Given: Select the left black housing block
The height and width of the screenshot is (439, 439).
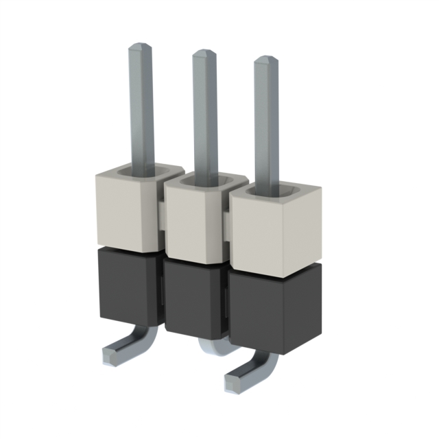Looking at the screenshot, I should (x=127, y=285).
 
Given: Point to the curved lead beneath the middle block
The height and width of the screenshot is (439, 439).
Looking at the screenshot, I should (x=213, y=347).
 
